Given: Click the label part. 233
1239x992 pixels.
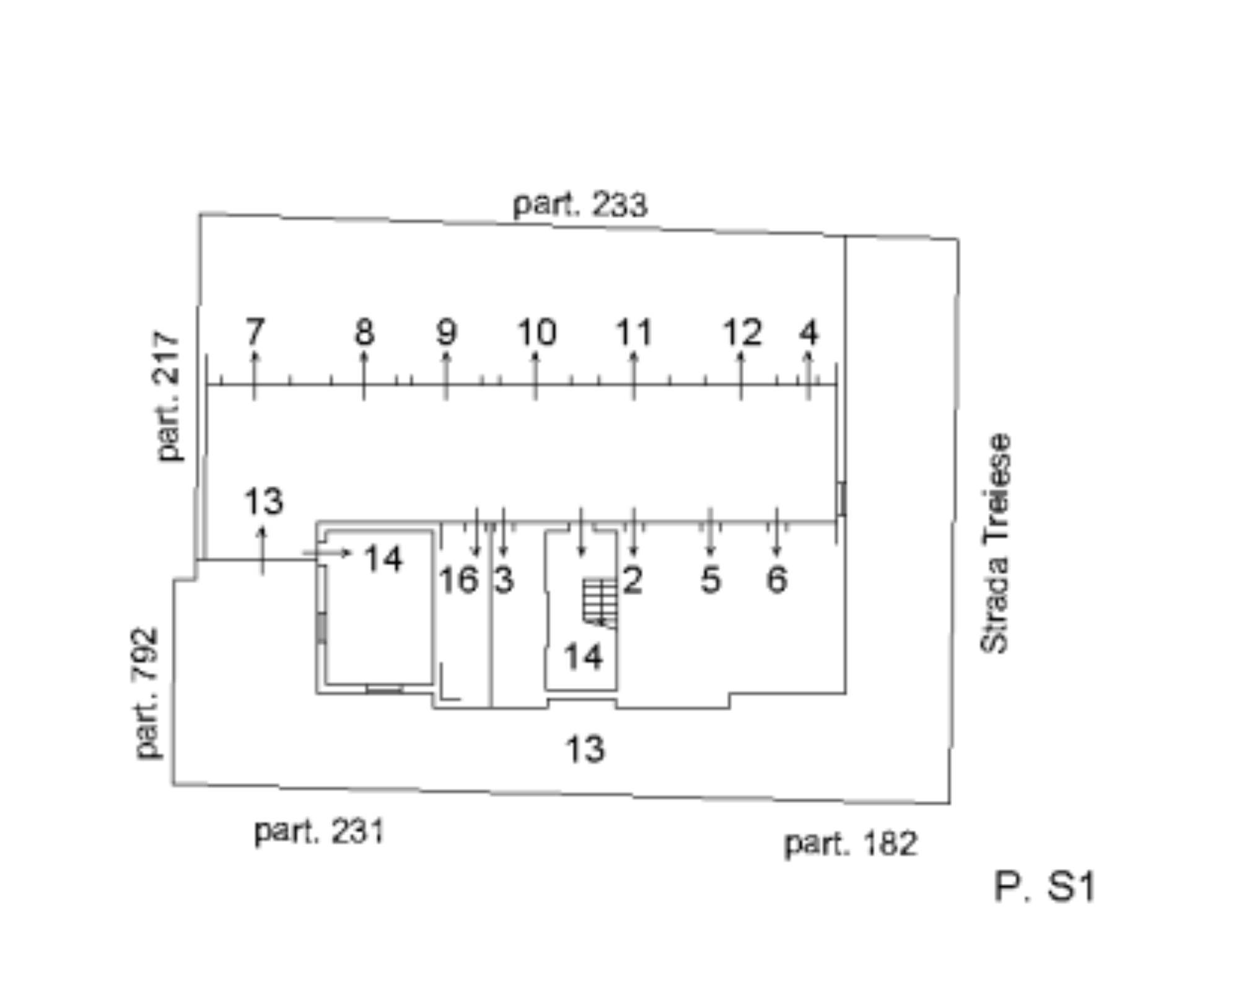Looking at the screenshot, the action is pos(580,205).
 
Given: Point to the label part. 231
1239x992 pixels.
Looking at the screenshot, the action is pos(320,832).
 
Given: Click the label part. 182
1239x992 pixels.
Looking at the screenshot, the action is pos(851,844).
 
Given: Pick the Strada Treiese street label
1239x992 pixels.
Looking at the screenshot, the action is pos(995,543).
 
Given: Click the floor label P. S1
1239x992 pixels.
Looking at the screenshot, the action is pos(1044,887).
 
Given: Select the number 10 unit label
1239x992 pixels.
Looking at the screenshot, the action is pos(536,333).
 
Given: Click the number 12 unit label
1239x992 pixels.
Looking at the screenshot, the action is pos(742,333).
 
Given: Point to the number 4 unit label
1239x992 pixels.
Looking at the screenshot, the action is pos(809,333).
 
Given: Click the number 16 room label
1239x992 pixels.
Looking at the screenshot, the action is pos(458,580).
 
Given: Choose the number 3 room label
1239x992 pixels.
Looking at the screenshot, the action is pos(504,580).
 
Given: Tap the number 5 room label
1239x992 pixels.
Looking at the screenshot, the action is pos(711,580).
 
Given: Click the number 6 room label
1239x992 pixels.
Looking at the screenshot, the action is pos(777,580).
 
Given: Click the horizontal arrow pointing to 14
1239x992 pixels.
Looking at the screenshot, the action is pos(327,553).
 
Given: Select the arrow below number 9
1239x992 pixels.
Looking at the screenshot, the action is pos(446,376).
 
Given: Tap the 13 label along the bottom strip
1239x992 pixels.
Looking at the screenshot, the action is pos(585,749).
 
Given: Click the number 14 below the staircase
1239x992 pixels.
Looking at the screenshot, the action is pos(583,657).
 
